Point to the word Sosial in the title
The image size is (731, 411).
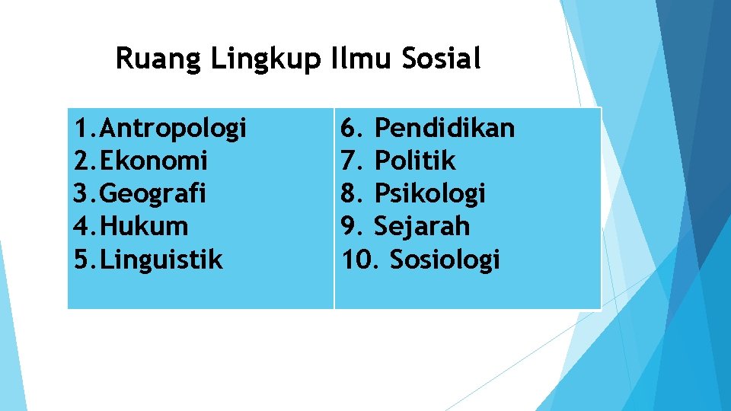pyautogui.click(x=441, y=58)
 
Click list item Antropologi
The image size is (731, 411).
pyautogui.click(x=173, y=129)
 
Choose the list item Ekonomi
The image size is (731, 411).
pyautogui.click(x=153, y=161)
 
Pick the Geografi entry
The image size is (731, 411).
pyautogui.click(x=152, y=194)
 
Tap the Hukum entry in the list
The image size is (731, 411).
pyautogui.click(x=143, y=227)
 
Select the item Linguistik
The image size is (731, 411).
pyautogui.click(x=161, y=260)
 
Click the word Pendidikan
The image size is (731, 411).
pyautogui.click(x=445, y=128)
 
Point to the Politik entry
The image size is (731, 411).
pyautogui.click(x=416, y=161)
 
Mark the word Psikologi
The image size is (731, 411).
pyautogui.click(x=429, y=194)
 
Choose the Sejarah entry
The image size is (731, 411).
pyautogui.click(x=422, y=226)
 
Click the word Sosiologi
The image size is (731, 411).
pyautogui.click(x=445, y=260)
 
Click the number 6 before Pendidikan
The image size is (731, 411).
pyautogui.click(x=350, y=128)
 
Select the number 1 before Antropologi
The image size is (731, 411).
pyautogui.click(x=80, y=129)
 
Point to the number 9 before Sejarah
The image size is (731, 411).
pyautogui.click(x=350, y=226)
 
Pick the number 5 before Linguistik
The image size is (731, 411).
pyautogui.click(x=81, y=260)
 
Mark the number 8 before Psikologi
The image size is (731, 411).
pyautogui.click(x=350, y=193)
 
